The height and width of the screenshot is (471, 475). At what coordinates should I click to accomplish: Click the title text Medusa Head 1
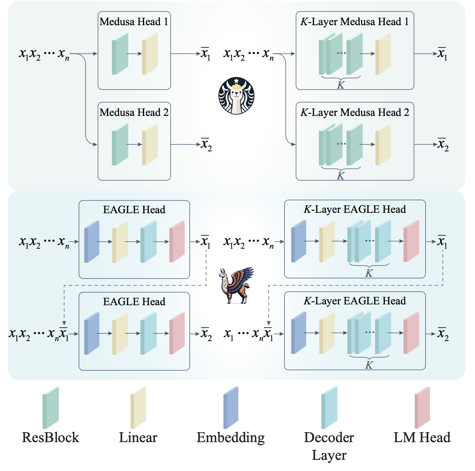pyautogui.click(x=134, y=22)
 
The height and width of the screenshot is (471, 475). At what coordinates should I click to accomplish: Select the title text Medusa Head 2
pyautogui.click(x=134, y=113)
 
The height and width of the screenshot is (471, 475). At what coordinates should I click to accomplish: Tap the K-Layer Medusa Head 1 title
pyautogui.click(x=354, y=22)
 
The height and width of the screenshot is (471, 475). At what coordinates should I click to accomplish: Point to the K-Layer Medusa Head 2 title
pyautogui.click(x=354, y=113)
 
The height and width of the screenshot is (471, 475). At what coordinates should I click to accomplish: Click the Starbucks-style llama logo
pyautogui.click(x=236, y=96)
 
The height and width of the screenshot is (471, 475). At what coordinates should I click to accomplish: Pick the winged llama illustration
pyautogui.click(x=236, y=285)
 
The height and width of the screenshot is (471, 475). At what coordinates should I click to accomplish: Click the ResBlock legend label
pyautogui.click(x=50, y=438)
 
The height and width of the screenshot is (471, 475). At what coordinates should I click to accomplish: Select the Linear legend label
pyautogui.click(x=138, y=438)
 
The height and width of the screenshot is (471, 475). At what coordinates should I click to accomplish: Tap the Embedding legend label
pyautogui.click(x=230, y=438)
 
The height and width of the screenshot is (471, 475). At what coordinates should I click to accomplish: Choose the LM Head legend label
pyautogui.click(x=422, y=438)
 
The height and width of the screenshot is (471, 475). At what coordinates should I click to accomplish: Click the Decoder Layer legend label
pyautogui.click(x=329, y=446)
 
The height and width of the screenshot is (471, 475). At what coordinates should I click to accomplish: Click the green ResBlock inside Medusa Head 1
pyautogui.click(x=120, y=54)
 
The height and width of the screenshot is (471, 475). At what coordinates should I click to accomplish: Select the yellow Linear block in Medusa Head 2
pyautogui.click(x=150, y=145)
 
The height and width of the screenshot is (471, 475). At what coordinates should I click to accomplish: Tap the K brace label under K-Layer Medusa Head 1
pyautogui.click(x=341, y=85)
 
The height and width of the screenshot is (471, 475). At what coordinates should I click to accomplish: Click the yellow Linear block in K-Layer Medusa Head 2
pyautogui.click(x=383, y=145)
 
